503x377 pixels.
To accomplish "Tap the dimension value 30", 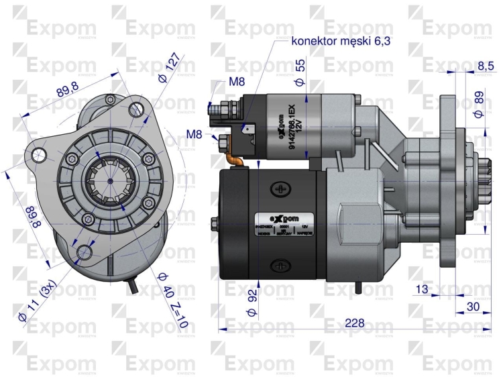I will click(x=473, y=307).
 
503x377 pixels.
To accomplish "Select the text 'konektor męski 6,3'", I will click(x=341, y=41).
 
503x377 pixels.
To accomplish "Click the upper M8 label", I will click(x=236, y=81).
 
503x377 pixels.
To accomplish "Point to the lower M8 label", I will click(x=194, y=133).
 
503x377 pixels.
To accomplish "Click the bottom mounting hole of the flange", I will click(x=85, y=252).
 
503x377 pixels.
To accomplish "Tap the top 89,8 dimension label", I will click(x=67, y=88).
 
